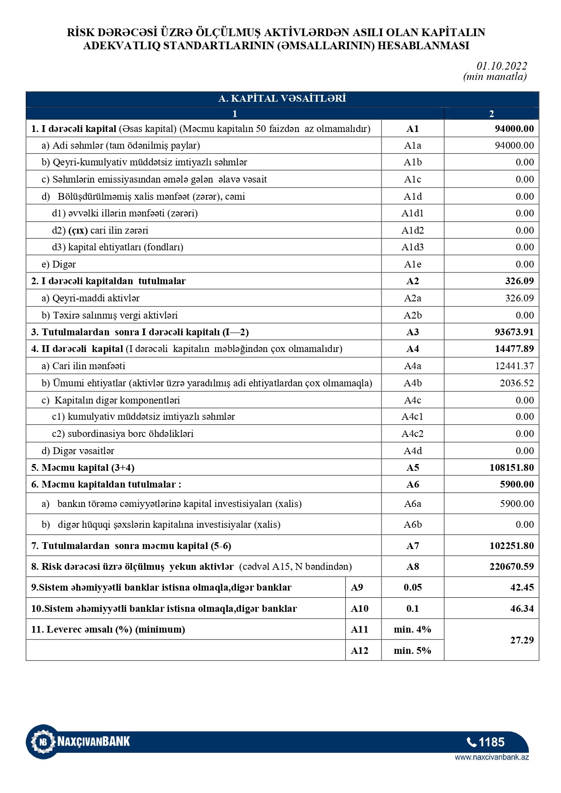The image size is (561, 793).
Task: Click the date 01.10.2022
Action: pyautogui.click(x=502, y=66)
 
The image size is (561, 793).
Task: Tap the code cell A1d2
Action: pyautogui.click(x=412, y=230)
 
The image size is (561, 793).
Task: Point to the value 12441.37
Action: pyautogui.click(x=514, y=366)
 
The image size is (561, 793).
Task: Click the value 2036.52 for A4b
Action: pyautogui.click(x=516, y=383)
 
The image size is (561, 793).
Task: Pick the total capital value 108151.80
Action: pyautogui.click(x=511, y=468)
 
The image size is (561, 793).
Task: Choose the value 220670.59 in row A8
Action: pyautogui.click(x=511, y=567)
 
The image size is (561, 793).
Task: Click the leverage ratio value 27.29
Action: pyautogui.click(x=522, y=640)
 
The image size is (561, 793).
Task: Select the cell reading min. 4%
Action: pyautogui.click(x=412, y=629)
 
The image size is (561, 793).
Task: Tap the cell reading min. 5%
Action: pyautogui.click(x=412, y=651)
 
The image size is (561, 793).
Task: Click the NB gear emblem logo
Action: pyautogui.click(x=43, y=741)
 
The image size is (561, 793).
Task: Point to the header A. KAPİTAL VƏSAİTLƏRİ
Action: pyautogui.click(x=282, y=99)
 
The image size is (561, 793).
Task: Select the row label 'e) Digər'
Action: pyautogui.click(x=59, y=264)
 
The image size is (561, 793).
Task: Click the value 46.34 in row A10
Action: pyautogui.click(x=522, y=609)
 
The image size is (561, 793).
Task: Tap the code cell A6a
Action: pyautogui.click(x=412, y=504)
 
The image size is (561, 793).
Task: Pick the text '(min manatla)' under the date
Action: pyautogui.click(x=495, y=77)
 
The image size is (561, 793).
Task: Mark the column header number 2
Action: pyautogui.click(x=491, y=114)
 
